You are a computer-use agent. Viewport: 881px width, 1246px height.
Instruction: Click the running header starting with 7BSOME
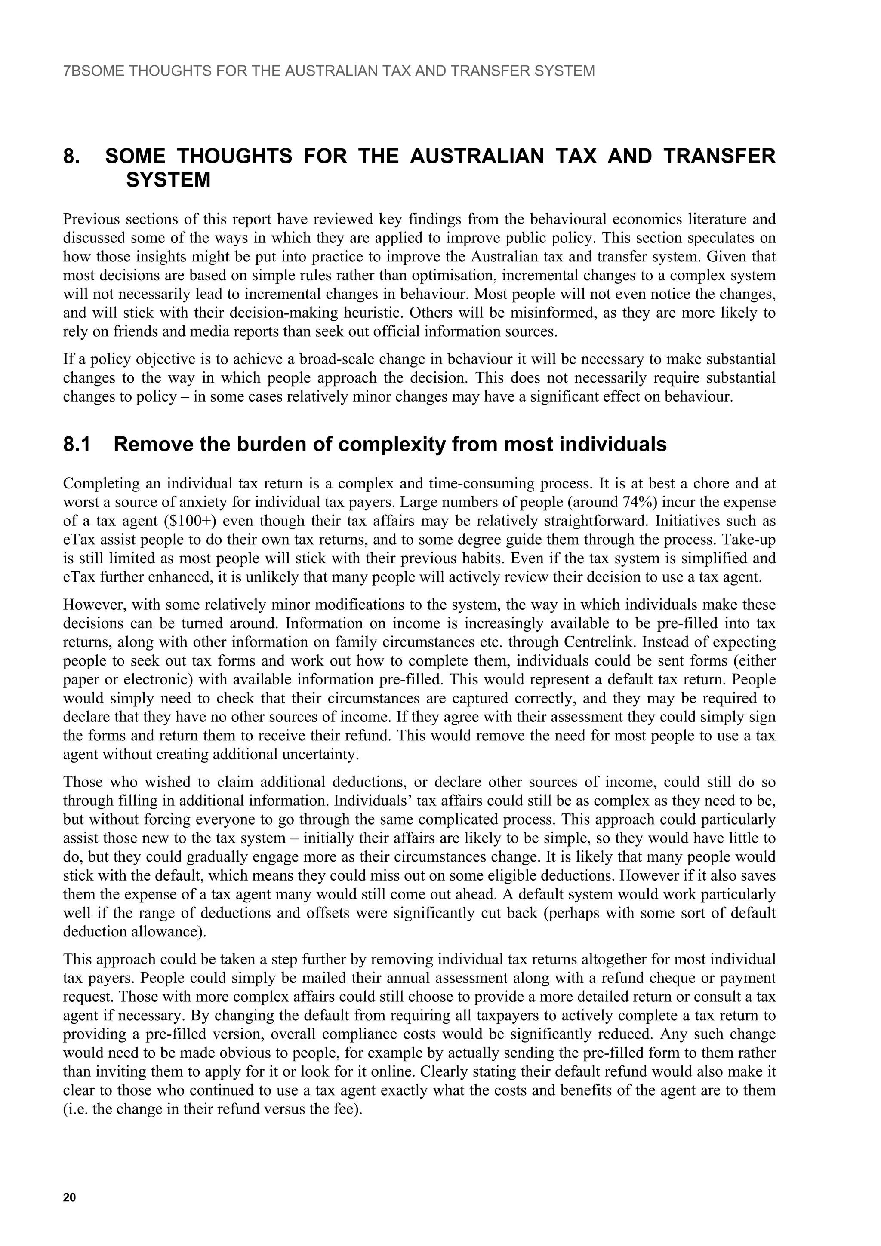point(329,71)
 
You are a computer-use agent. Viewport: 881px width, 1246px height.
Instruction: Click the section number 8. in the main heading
point(73,157)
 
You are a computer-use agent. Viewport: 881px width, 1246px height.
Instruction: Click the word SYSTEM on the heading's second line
point(168,180)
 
